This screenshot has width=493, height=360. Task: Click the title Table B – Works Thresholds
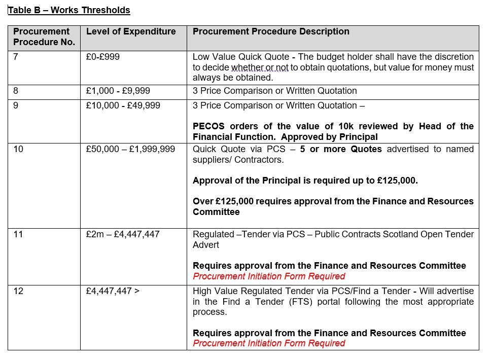[69, 10]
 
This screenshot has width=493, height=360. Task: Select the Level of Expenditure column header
[131, 31]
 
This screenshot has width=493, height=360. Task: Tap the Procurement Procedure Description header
[271, 31]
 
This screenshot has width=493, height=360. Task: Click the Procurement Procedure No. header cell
[44, 37]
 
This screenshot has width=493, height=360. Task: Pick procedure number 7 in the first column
[16, 57]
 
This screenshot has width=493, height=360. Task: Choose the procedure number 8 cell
[16, 91]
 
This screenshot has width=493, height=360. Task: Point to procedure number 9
[16, 105]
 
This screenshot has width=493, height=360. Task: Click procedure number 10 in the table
[18, 149]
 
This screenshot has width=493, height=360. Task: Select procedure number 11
[18, 234]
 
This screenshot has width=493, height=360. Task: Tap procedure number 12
[18, 291]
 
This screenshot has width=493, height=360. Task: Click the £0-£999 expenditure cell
[103, 57]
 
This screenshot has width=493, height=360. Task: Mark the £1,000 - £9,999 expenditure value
[118, 91]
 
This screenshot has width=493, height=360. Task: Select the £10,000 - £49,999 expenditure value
[123, 105]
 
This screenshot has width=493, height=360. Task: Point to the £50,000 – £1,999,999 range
[130, 149]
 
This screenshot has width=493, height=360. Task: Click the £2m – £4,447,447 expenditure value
[123, 234]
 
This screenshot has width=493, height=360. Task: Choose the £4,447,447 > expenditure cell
[113, 291]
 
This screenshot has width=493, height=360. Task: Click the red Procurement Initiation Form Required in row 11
[269, 276]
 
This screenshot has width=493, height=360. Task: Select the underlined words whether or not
[260, 67]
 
